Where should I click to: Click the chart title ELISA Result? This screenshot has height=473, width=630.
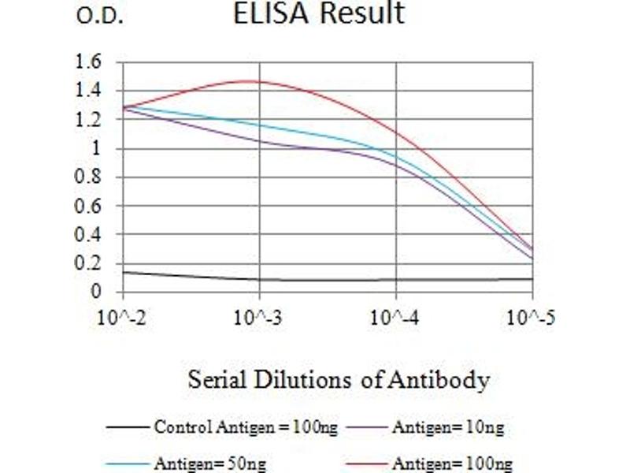(x=318, y=13)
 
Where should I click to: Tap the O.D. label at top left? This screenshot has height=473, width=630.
(x=100, y=17)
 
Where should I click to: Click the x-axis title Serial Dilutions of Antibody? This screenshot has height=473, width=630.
(x=339, y=381)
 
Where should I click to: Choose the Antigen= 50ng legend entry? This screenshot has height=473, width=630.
(x=199, y=463)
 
